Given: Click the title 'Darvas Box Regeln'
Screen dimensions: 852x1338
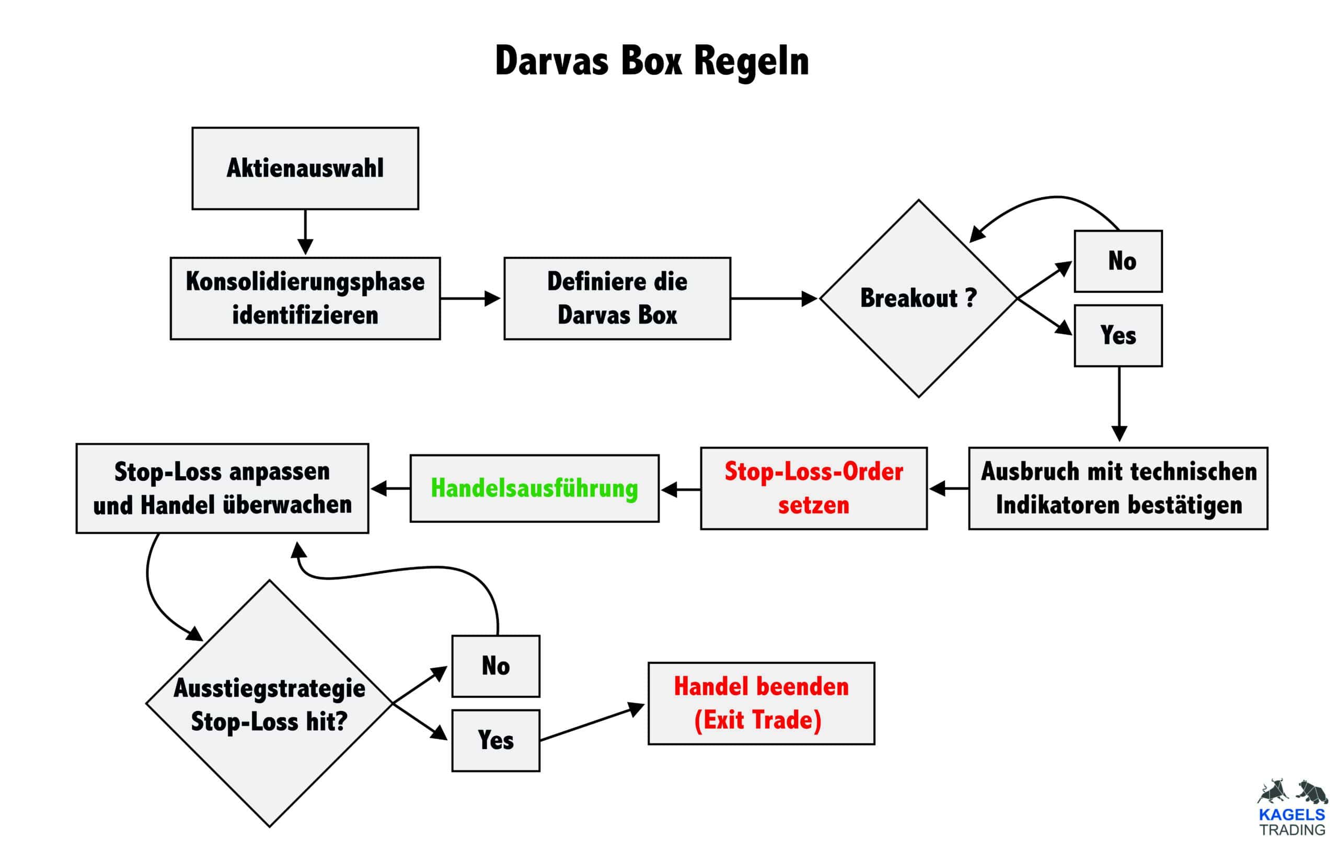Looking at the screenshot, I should point(651,61).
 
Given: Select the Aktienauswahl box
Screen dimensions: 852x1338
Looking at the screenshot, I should point(305,168).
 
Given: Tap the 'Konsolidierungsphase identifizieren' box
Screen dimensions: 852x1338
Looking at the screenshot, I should point(305,298).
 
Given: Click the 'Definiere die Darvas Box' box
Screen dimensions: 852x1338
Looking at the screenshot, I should point(617,298).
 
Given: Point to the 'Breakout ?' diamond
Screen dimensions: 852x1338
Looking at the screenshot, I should point(918,298).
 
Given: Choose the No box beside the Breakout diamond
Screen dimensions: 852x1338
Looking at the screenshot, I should point(1118,261).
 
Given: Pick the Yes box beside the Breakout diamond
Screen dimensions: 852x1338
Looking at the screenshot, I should point(1118,336).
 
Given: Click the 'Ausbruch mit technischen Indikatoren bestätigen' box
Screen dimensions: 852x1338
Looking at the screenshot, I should point(1118,489).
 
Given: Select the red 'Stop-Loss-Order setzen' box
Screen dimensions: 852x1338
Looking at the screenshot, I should point(813,489).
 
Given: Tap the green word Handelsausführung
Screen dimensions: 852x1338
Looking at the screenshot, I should point(534,489).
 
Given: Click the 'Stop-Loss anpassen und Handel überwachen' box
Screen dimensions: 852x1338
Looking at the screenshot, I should point(222,489).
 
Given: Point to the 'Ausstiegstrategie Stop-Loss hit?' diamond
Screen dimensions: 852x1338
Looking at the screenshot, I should point(270,704).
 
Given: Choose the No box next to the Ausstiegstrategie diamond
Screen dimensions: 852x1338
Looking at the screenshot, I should point(495,666).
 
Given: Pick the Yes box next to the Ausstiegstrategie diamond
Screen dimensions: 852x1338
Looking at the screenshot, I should point(495,740).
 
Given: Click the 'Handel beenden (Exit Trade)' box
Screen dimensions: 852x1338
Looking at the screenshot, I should point(761,703).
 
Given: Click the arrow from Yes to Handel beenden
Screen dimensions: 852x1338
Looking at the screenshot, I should point(592,723).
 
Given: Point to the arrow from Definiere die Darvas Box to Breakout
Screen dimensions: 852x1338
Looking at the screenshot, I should point(774,298).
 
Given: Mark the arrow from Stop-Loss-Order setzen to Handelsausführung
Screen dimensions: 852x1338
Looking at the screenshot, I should point(680,490).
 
